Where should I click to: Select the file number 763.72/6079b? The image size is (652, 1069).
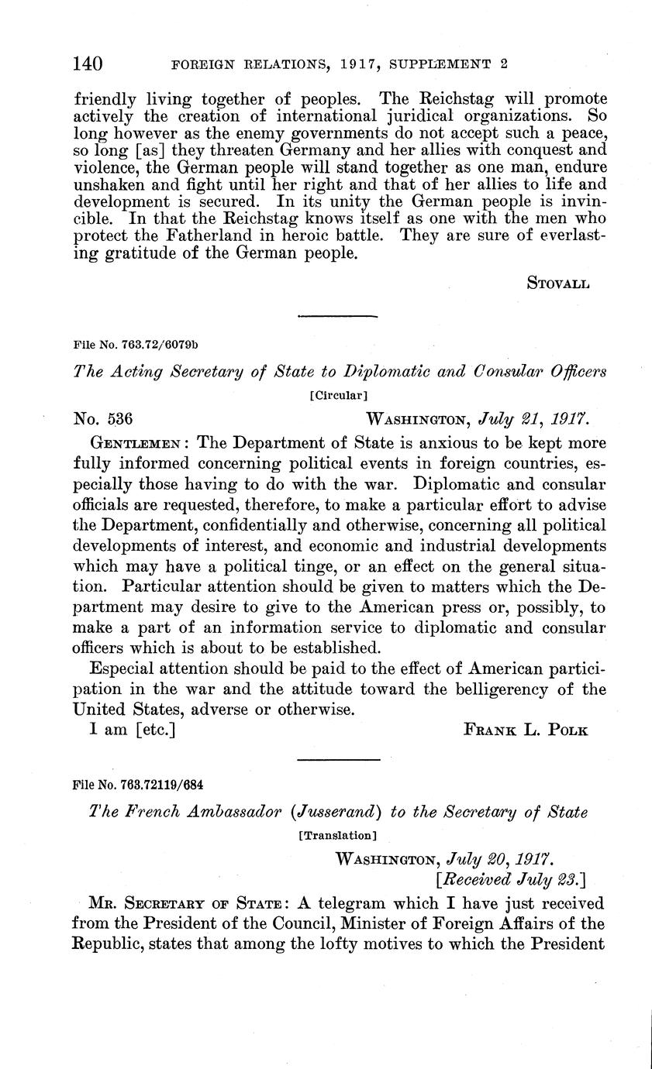[x=129, y=342]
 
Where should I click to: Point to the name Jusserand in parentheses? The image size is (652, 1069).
[x=326, y=813]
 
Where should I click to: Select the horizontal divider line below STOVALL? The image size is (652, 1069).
[x=337, y=315]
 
